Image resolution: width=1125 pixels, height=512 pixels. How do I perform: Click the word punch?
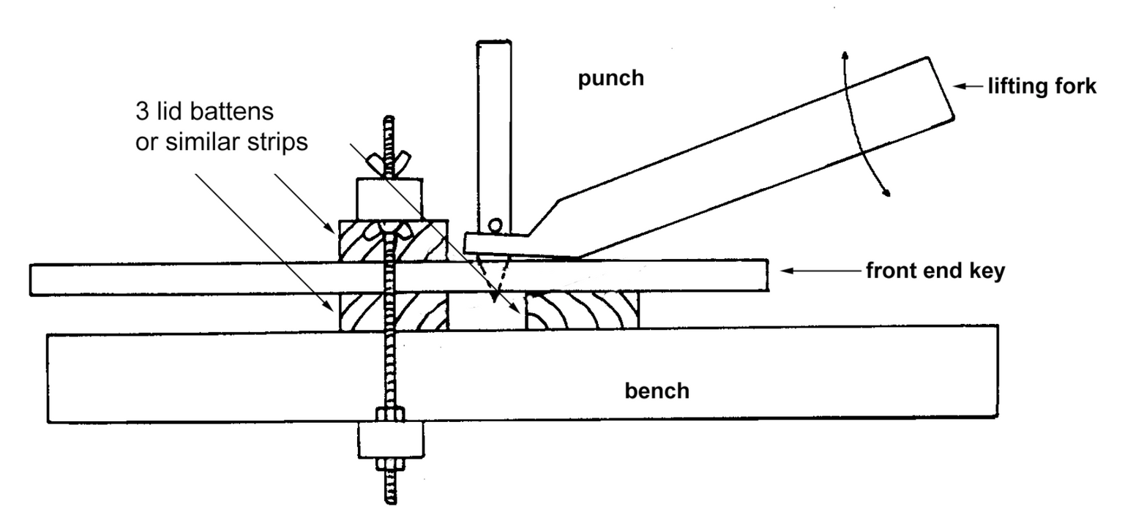611,78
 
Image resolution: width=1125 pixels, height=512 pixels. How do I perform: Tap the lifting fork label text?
1042,87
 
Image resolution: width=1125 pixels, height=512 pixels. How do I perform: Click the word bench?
657,391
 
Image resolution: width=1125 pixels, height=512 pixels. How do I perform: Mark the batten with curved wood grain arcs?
583,312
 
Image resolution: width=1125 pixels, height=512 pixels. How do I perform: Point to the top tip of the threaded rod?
390,120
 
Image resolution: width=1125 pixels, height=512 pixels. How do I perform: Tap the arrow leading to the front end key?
820,271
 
